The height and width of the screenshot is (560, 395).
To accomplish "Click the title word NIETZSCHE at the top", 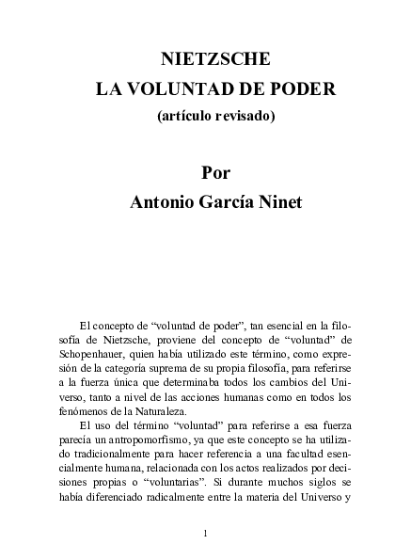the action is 215,59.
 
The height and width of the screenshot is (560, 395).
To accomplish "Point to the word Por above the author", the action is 215,173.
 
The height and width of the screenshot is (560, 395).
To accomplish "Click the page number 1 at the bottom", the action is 205,534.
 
